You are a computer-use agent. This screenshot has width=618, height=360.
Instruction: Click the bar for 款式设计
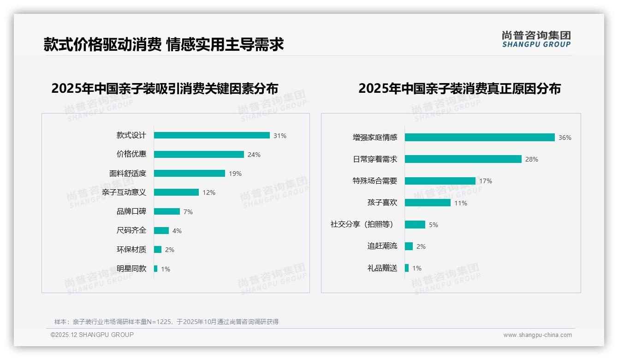point(212,135)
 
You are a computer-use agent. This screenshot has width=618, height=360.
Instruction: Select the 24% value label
point(254,155)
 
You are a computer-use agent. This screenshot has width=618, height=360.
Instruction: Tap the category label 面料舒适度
point(128,174)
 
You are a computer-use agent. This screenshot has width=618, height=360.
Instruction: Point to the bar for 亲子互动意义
point(176,192)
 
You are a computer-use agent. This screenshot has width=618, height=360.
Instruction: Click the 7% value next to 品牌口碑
point(188,212)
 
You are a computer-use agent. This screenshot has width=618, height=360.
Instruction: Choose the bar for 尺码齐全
point(161,231)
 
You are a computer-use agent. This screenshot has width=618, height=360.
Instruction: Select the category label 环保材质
point(131,250)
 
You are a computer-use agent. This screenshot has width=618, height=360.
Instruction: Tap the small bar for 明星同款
point(155,269)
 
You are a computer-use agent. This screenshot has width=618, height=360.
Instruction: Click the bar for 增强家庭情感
point(480,138)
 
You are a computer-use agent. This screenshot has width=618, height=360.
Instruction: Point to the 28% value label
point(532,159)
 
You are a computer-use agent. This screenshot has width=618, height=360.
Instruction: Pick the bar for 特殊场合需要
point(440,181)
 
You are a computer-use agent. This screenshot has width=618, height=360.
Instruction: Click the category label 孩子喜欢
point(382,203)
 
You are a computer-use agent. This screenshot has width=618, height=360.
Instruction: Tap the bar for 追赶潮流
point(409,246)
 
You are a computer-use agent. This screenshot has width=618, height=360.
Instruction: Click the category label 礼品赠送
point(382,268)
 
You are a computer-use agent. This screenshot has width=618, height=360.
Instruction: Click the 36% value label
point(565,138)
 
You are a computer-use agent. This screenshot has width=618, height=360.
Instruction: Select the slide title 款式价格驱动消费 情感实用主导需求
point(164,44)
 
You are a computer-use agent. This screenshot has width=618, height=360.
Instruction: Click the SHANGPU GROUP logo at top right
point(536,39)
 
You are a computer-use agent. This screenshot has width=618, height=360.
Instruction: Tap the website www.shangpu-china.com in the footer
point(537,335)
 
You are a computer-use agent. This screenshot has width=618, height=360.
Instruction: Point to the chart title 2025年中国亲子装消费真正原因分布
point(459,89)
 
